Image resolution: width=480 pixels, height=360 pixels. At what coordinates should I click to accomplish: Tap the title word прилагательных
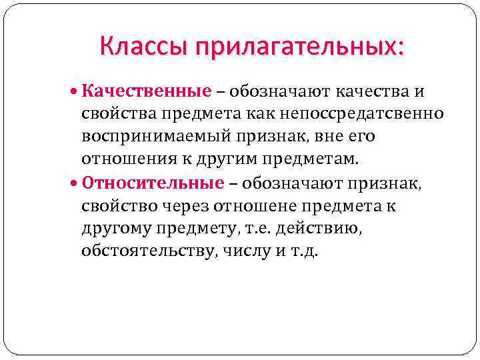(x=298, y=48)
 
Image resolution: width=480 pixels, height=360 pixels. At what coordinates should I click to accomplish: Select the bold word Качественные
(x=146, y=91)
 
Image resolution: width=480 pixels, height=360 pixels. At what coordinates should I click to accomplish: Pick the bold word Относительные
(x=153, y=183)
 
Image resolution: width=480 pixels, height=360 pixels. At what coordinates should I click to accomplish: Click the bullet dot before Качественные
(x=73, y=91)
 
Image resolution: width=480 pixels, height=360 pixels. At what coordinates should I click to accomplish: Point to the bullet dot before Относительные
(x=73, y=183)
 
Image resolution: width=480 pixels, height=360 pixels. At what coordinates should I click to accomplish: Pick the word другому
(x=116, y=229)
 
